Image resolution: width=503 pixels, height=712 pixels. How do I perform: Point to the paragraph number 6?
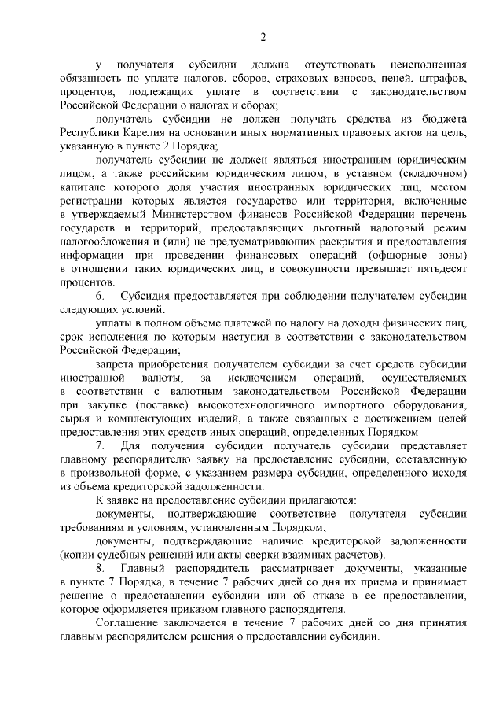100,296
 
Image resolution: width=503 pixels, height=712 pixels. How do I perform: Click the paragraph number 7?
100,445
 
